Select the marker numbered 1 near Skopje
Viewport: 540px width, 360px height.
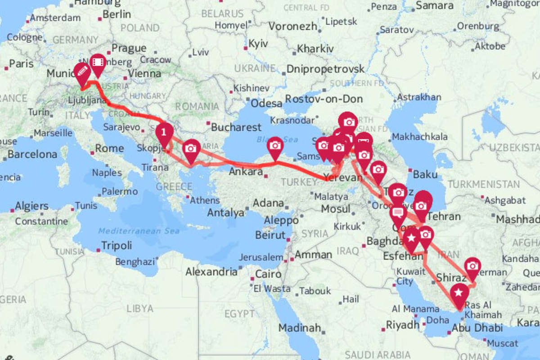164,132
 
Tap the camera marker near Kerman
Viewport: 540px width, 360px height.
472,266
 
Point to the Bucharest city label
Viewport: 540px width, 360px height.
236,127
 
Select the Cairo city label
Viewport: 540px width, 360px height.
268,274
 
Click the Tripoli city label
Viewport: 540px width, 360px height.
116,246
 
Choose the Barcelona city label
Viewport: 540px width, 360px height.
32,154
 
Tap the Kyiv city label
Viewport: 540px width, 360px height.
258,44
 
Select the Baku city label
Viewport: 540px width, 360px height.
425,174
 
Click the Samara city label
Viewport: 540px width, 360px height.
434,6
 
